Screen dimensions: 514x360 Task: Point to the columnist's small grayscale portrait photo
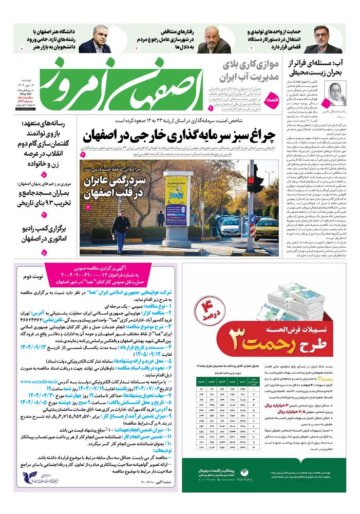[336, 93]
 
